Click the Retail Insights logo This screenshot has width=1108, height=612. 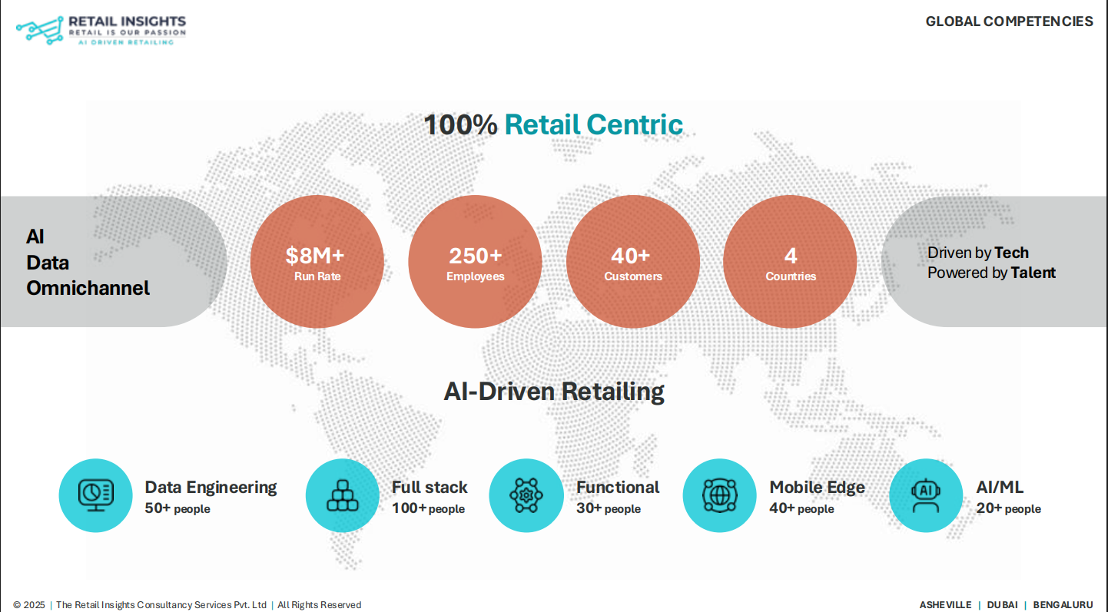[x=101, y=28]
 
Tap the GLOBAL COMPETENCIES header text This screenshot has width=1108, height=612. [x=1009, y=22]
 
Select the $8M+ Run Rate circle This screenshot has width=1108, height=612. [x=317, y=262]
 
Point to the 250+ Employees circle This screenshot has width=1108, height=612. [x=475, y=262]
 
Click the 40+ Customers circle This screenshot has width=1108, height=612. [x=632, y=262]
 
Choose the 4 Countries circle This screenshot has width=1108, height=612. [x=790, y=262]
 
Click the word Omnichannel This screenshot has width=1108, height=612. [x=88, y=288]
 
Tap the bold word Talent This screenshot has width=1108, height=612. [x=1033, y=273]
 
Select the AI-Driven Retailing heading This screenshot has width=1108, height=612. [x=554, y=392]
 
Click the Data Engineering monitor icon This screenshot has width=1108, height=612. [x=96, y=495]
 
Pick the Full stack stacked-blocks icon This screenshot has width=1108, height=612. [x=342, y=495]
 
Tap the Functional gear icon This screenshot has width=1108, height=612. [x=526, y=495]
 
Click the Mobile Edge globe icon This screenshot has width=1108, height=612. [x=719, y=495]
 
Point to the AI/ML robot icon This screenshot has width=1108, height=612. [x=925, y=495]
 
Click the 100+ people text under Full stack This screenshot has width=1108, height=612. [x=428, y=508]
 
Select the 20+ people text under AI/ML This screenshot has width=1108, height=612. [x=1008, y=508]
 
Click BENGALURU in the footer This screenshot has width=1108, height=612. [x=1063, y=605]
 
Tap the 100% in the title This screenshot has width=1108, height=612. [x=460, y=124]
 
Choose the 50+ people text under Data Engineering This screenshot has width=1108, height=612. [x=177, y=508]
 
